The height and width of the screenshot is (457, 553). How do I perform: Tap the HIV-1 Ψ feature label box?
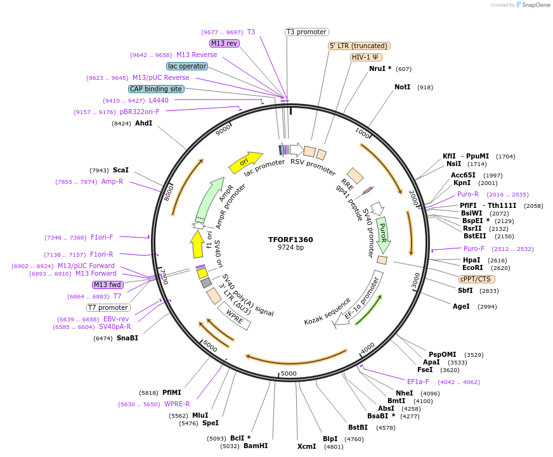point(367,57)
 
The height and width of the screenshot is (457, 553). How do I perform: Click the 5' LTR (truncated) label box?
point(359,46)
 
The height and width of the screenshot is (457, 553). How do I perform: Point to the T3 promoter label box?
point(306,32)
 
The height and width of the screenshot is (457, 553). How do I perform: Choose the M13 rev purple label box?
point(224,43)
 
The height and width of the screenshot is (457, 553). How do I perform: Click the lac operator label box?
point(187,66)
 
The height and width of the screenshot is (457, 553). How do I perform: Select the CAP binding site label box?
point(156,89)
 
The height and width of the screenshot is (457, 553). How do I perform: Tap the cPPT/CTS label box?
point(476,279)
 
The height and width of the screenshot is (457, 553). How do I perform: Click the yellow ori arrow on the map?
point(245,162)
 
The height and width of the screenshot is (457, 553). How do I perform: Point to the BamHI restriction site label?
point(256,446)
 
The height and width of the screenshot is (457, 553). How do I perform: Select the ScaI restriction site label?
point(120,170)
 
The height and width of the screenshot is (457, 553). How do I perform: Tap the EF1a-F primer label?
point(418,382)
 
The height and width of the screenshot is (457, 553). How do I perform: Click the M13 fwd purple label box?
point(108,285)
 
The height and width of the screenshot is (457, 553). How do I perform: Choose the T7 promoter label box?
point(108,307)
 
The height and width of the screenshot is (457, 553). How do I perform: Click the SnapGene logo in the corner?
point(531,5)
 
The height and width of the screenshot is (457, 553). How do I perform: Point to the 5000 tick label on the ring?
point(289,373)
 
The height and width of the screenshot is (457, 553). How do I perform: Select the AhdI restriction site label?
point(143,123)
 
